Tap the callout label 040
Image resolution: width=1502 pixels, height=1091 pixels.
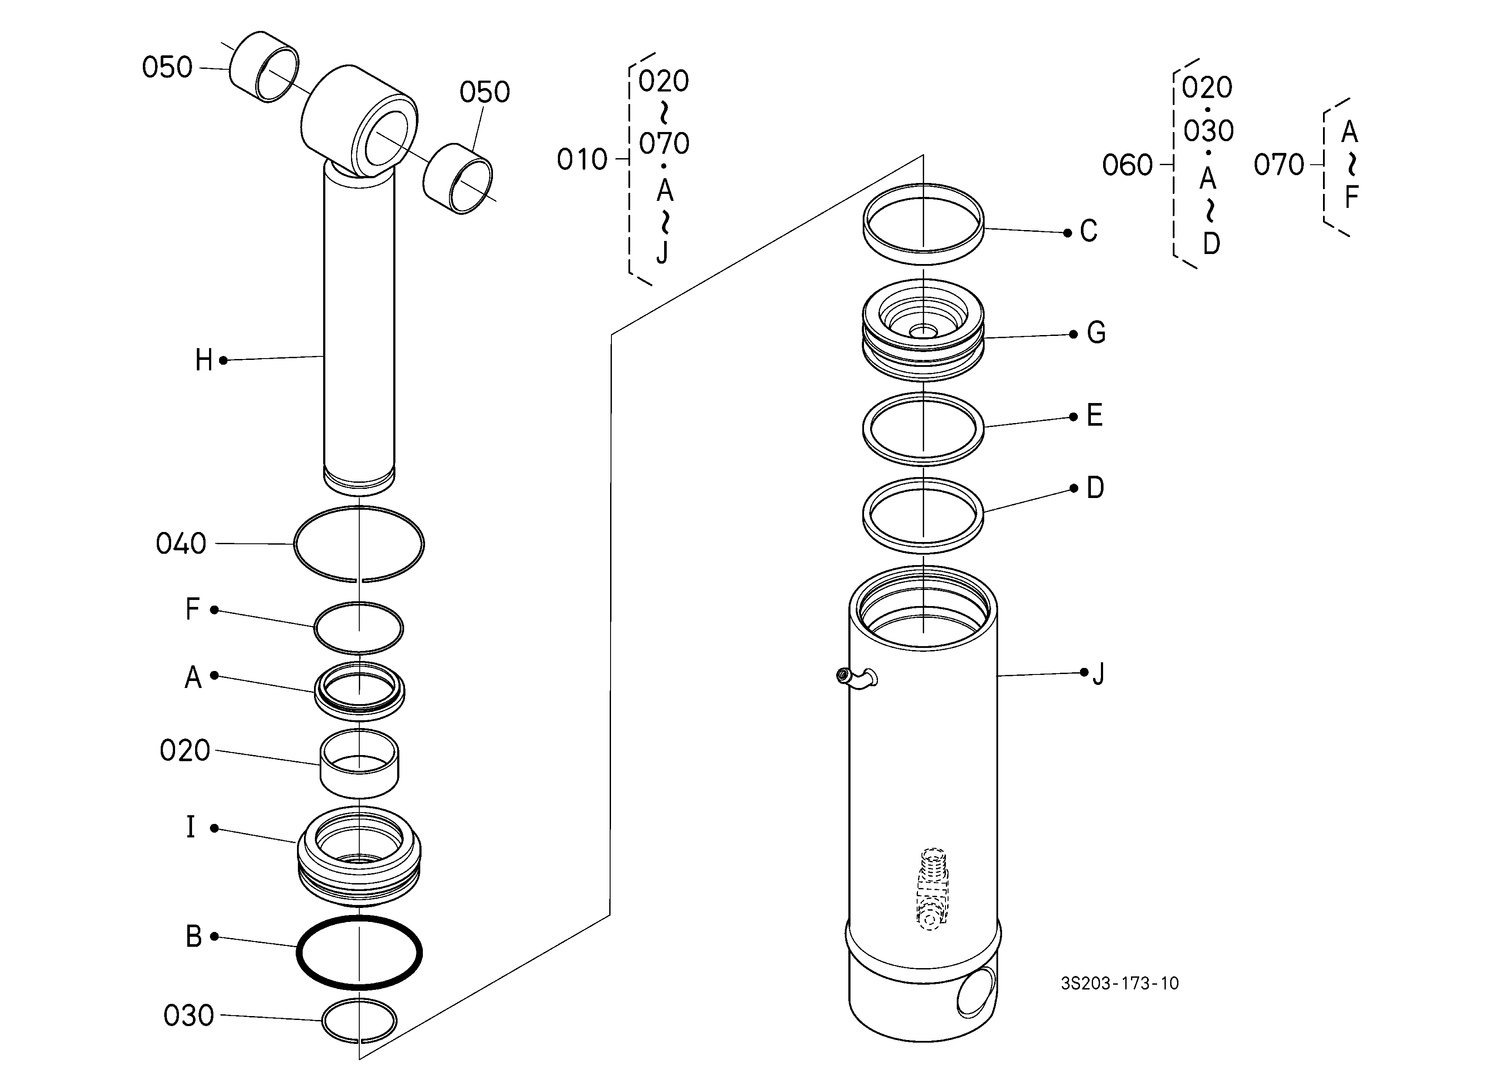click(x=181, y=544)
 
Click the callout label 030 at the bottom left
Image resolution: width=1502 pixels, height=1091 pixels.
click(x=189, y=1016)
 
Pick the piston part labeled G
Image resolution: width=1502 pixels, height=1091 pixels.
click(x=923, y=330)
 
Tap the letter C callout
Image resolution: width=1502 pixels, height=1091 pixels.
click(x=1089, y=231)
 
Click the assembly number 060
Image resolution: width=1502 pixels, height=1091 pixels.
click(x=1127, y=165)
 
